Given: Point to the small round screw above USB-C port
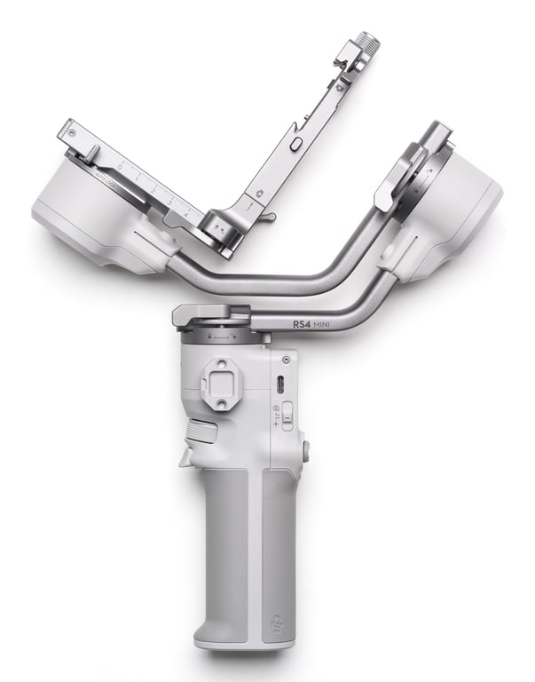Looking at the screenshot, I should (286, 360).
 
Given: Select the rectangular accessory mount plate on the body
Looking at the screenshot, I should (219, 383).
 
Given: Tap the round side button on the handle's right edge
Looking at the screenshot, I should (306, 450).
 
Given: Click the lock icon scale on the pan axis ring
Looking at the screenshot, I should (222, 337).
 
